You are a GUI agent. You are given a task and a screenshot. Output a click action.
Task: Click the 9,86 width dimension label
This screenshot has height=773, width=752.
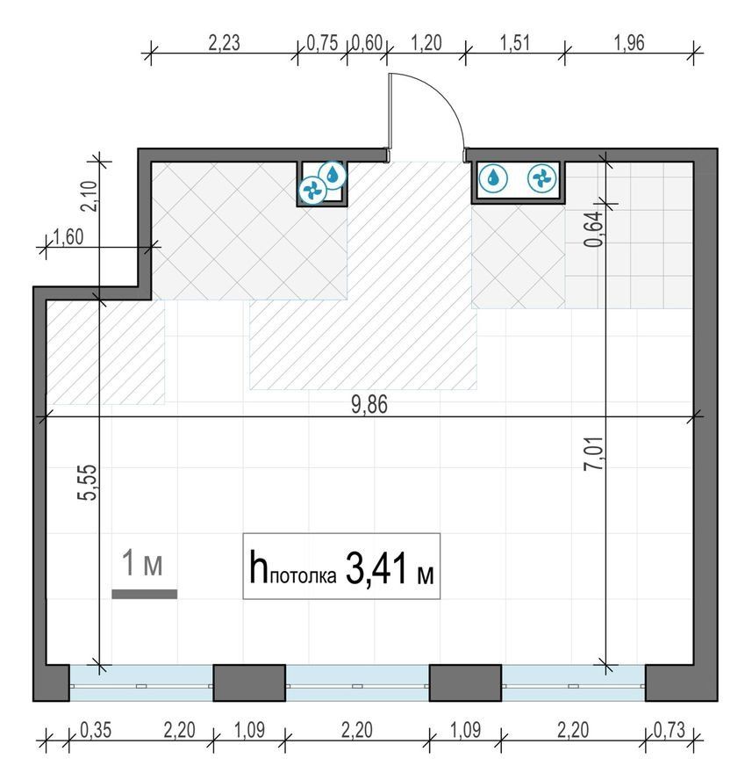point(369,405)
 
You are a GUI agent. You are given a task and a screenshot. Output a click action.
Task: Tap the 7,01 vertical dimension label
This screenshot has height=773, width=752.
point(593,453)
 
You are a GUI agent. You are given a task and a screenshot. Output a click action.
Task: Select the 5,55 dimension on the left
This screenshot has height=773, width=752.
point(88,482)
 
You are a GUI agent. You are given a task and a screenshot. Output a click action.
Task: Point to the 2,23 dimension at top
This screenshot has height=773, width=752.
point(224,43)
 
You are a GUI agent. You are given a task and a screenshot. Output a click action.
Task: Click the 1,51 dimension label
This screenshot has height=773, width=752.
point(514,43)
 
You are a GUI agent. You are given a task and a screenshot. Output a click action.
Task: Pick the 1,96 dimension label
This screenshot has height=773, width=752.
point(629,43)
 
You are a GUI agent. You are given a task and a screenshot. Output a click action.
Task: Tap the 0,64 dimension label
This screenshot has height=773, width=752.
point(593,228)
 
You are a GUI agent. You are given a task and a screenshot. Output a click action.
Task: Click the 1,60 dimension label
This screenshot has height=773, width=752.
point(68,238)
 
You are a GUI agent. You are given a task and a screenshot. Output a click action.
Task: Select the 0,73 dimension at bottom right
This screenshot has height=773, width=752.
point(670,730)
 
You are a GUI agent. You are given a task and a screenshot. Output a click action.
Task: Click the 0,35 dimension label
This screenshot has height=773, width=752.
point(96,730)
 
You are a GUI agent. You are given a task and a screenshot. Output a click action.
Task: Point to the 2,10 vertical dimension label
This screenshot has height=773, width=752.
point(90,196)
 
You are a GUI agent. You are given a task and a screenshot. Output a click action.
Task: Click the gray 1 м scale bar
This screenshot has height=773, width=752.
point(144,594)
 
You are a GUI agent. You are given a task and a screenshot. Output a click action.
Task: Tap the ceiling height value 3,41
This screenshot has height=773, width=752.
point(376,568)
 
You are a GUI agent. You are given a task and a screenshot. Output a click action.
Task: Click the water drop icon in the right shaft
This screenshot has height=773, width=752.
point(493,178)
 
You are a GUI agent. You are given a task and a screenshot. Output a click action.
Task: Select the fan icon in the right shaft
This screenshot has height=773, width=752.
point(542,178)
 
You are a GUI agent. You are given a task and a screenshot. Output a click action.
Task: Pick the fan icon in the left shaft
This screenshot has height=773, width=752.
point(312,190)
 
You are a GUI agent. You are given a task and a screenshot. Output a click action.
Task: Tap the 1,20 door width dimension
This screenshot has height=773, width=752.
point(426,43)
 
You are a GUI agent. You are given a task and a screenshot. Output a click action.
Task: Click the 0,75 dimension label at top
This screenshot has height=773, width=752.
point(323,43)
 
